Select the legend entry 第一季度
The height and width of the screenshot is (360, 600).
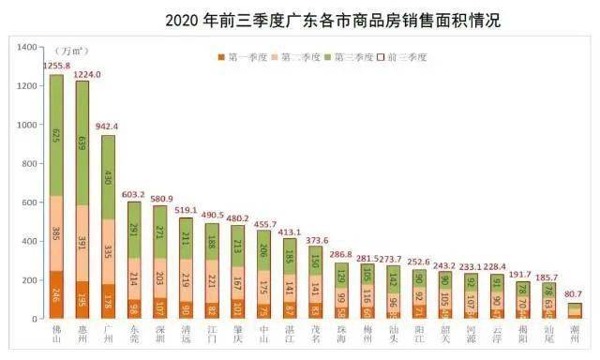(x=246, y=57)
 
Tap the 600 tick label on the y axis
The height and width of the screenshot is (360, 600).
(x=28, y=202)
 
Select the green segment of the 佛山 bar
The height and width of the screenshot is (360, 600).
(x=56, y=135)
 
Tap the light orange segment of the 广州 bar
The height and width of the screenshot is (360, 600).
(x=109, y=251)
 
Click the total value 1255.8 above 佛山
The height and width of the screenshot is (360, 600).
(x=57, y=65)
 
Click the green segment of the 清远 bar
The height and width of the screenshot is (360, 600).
(x=186, y=238)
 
